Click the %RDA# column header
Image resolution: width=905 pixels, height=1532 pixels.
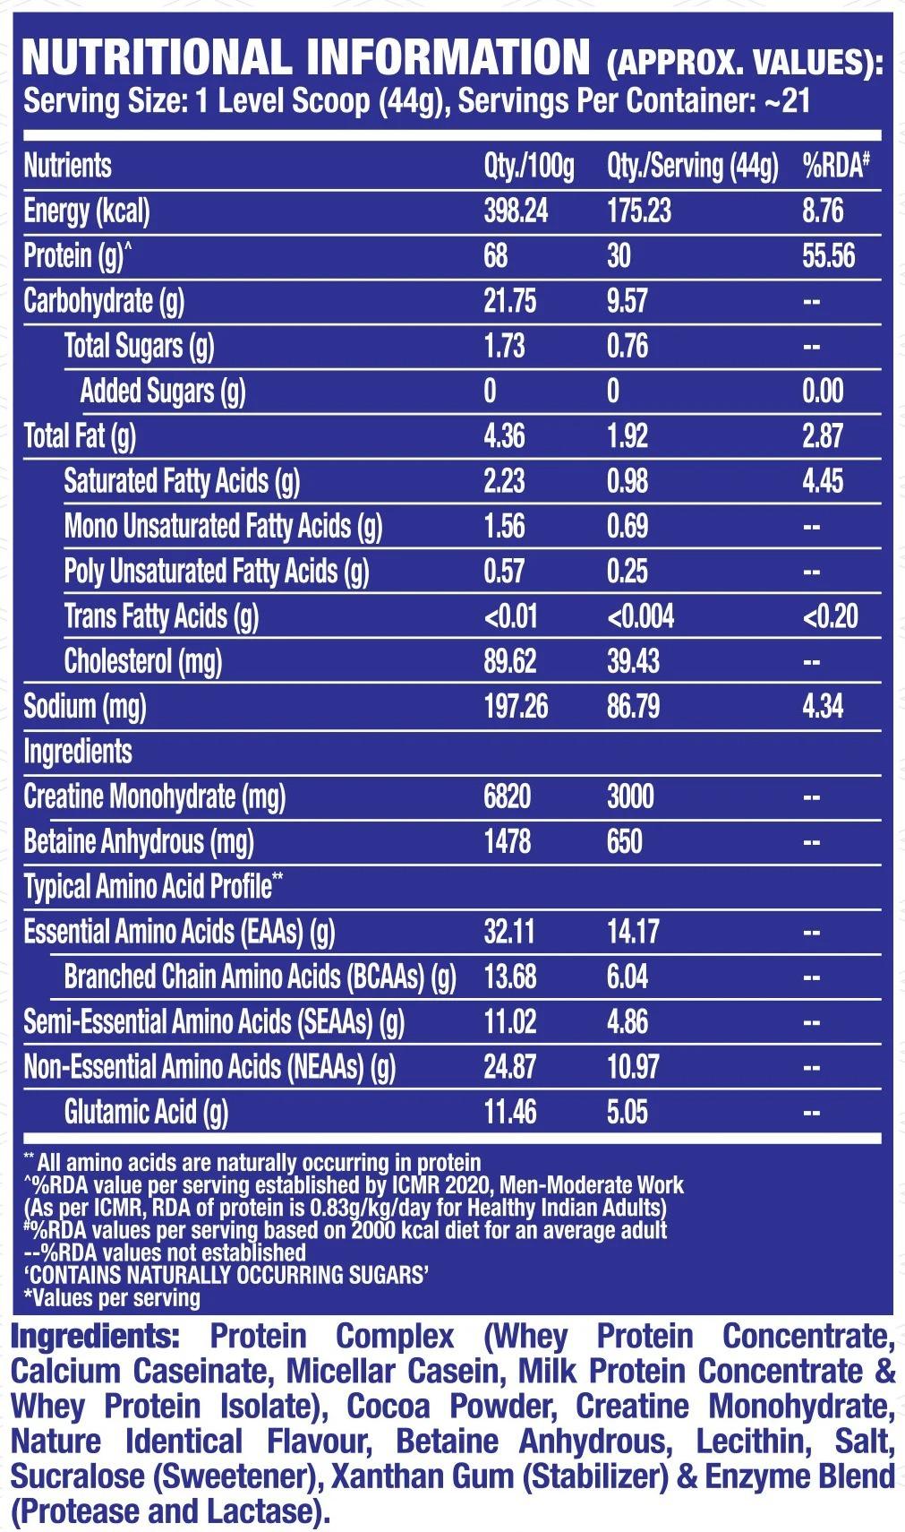(x=835, y=166)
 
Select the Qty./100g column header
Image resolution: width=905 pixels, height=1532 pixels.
(x=528, y=166)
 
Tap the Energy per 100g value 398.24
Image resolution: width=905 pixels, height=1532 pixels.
(x=516, y=211)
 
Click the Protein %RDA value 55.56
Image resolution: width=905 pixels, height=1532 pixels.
(x=828, y=256)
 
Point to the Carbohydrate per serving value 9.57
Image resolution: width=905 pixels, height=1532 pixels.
(x=627, y=301)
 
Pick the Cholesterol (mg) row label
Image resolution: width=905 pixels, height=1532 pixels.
(x=143, y=662)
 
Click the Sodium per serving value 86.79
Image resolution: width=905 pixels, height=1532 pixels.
(x=633, y=707)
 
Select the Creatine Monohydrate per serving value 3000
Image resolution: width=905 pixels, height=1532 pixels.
(x=630, y=796)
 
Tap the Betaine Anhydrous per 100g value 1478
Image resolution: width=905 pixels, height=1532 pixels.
(x=508, y=842)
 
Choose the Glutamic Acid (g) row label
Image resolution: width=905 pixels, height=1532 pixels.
(x=146, y=1113)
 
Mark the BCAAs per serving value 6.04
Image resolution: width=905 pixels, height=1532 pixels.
(x=627, y=977)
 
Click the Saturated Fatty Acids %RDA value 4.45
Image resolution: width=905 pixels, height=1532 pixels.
(x=823, y=481)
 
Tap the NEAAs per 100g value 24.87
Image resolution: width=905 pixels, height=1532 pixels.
(x=509, y=1067)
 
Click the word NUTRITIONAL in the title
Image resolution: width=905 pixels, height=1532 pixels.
(x=158, y=57)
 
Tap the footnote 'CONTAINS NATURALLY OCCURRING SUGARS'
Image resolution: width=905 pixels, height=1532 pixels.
(x=226, y=1275)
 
